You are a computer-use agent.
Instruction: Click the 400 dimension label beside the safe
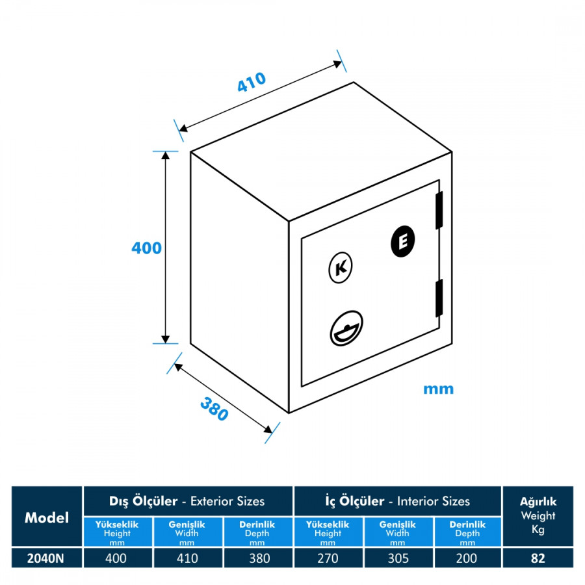(x=146, y=248)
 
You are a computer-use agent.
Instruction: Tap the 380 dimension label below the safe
(x=214, y=408)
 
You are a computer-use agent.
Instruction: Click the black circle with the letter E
(x=403, y=242)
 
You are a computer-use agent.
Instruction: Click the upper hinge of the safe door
(x=439, y=210)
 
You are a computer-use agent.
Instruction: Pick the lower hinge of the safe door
(x=439, y=298)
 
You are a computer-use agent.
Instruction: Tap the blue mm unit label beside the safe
(x=438, y=389)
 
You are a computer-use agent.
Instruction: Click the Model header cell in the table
(x=47, y=517)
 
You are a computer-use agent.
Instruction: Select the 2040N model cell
(x=47, y=558)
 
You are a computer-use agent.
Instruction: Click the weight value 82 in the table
(x=538, y=558)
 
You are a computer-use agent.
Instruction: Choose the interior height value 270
(x=328, y=558)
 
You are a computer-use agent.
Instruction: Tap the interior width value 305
(x=397, y=558)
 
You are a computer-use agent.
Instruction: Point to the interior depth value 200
(x=467, y=558)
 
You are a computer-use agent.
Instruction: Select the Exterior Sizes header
(x=188, y=501)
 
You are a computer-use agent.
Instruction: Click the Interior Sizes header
(x=397, y=501)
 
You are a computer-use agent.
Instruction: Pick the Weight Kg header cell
(x=538, y=516)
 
